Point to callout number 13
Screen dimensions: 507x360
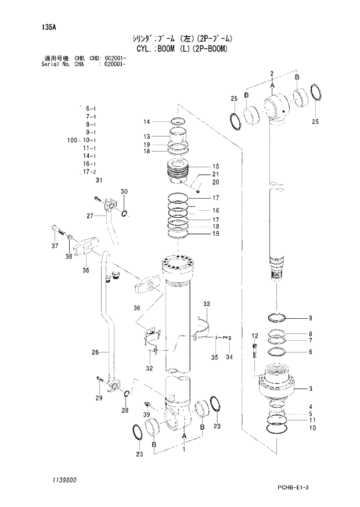(147, 136)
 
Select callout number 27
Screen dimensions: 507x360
(90, 216)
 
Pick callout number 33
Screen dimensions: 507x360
(206, 304)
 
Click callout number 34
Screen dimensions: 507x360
(229, 357)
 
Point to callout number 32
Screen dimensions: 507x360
(149, 368)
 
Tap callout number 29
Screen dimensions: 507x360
(99, 398)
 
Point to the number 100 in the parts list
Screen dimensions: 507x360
(71, 140)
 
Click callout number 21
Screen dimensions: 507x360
(215, 174)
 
